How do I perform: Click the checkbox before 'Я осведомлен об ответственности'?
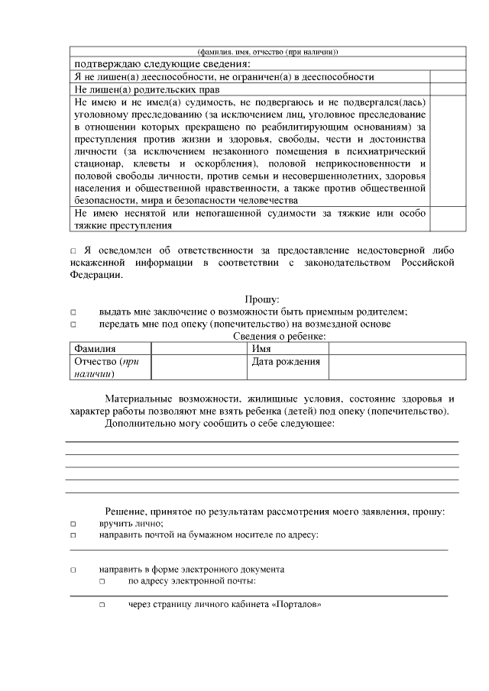[x=73, y=251]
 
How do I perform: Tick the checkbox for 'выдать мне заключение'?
[x=73, y=312]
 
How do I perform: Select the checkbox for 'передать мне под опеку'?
[x=73, y=325]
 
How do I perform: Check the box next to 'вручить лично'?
[x=73, y=524]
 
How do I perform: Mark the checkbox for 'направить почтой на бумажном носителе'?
[x=73, y=536]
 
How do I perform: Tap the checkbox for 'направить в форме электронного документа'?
[x=73, y=570]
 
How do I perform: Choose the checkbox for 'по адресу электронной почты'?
[x=102, y=582]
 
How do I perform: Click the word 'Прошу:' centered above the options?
[x=262, y=300]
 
